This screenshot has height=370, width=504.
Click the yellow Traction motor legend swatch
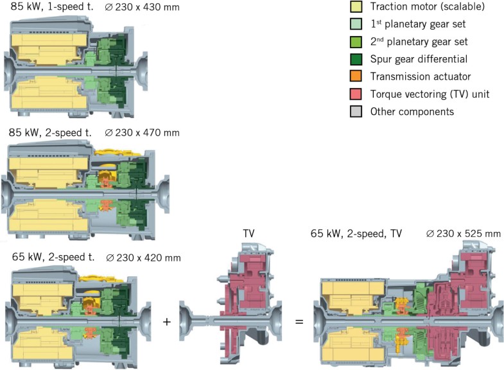coord(356,7)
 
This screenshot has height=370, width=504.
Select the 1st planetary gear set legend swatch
coord(356,25)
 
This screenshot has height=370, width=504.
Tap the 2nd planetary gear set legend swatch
coord(356,42)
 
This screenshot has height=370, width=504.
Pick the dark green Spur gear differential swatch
coord(356,60)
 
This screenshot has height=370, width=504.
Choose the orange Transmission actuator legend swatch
coord(356,77)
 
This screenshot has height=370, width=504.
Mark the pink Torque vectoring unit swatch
coord(356,94)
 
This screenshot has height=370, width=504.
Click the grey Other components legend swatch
coord(356,112)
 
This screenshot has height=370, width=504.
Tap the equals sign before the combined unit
coord(299,320)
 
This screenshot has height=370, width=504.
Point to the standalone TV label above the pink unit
coord(248,234)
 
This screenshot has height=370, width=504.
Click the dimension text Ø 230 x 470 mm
coord(142,132)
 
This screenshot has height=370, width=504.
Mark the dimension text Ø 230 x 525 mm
coord(463,234)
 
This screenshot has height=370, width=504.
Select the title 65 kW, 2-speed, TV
coord(356,234)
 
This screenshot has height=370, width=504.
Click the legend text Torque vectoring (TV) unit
coord(430,94)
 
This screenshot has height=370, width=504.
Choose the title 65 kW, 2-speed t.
coord(52,258)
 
